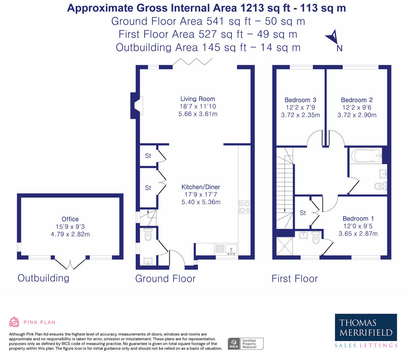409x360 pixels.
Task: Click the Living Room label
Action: (198, 99)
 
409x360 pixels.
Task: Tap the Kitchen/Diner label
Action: (201, 187)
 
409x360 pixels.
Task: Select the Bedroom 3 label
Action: (300, 100)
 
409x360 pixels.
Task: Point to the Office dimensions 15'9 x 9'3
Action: (70, 227)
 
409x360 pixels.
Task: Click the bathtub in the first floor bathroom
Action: (365, 156)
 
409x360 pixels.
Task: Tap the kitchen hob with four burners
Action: (244, 207)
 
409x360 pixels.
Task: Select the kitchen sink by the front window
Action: (231, 249)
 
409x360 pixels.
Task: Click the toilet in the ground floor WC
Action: (148, 234)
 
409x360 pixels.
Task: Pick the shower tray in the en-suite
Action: (285, 246)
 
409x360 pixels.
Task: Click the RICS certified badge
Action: (246, 344)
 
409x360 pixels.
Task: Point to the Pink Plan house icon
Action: (14, 322)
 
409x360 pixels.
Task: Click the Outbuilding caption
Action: (43, 278)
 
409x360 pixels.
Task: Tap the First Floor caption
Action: (294, 278)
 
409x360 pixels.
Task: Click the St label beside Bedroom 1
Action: (303, 213)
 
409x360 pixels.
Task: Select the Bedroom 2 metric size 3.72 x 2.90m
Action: (357, 115)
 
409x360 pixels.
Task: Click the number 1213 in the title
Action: (252, 8)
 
